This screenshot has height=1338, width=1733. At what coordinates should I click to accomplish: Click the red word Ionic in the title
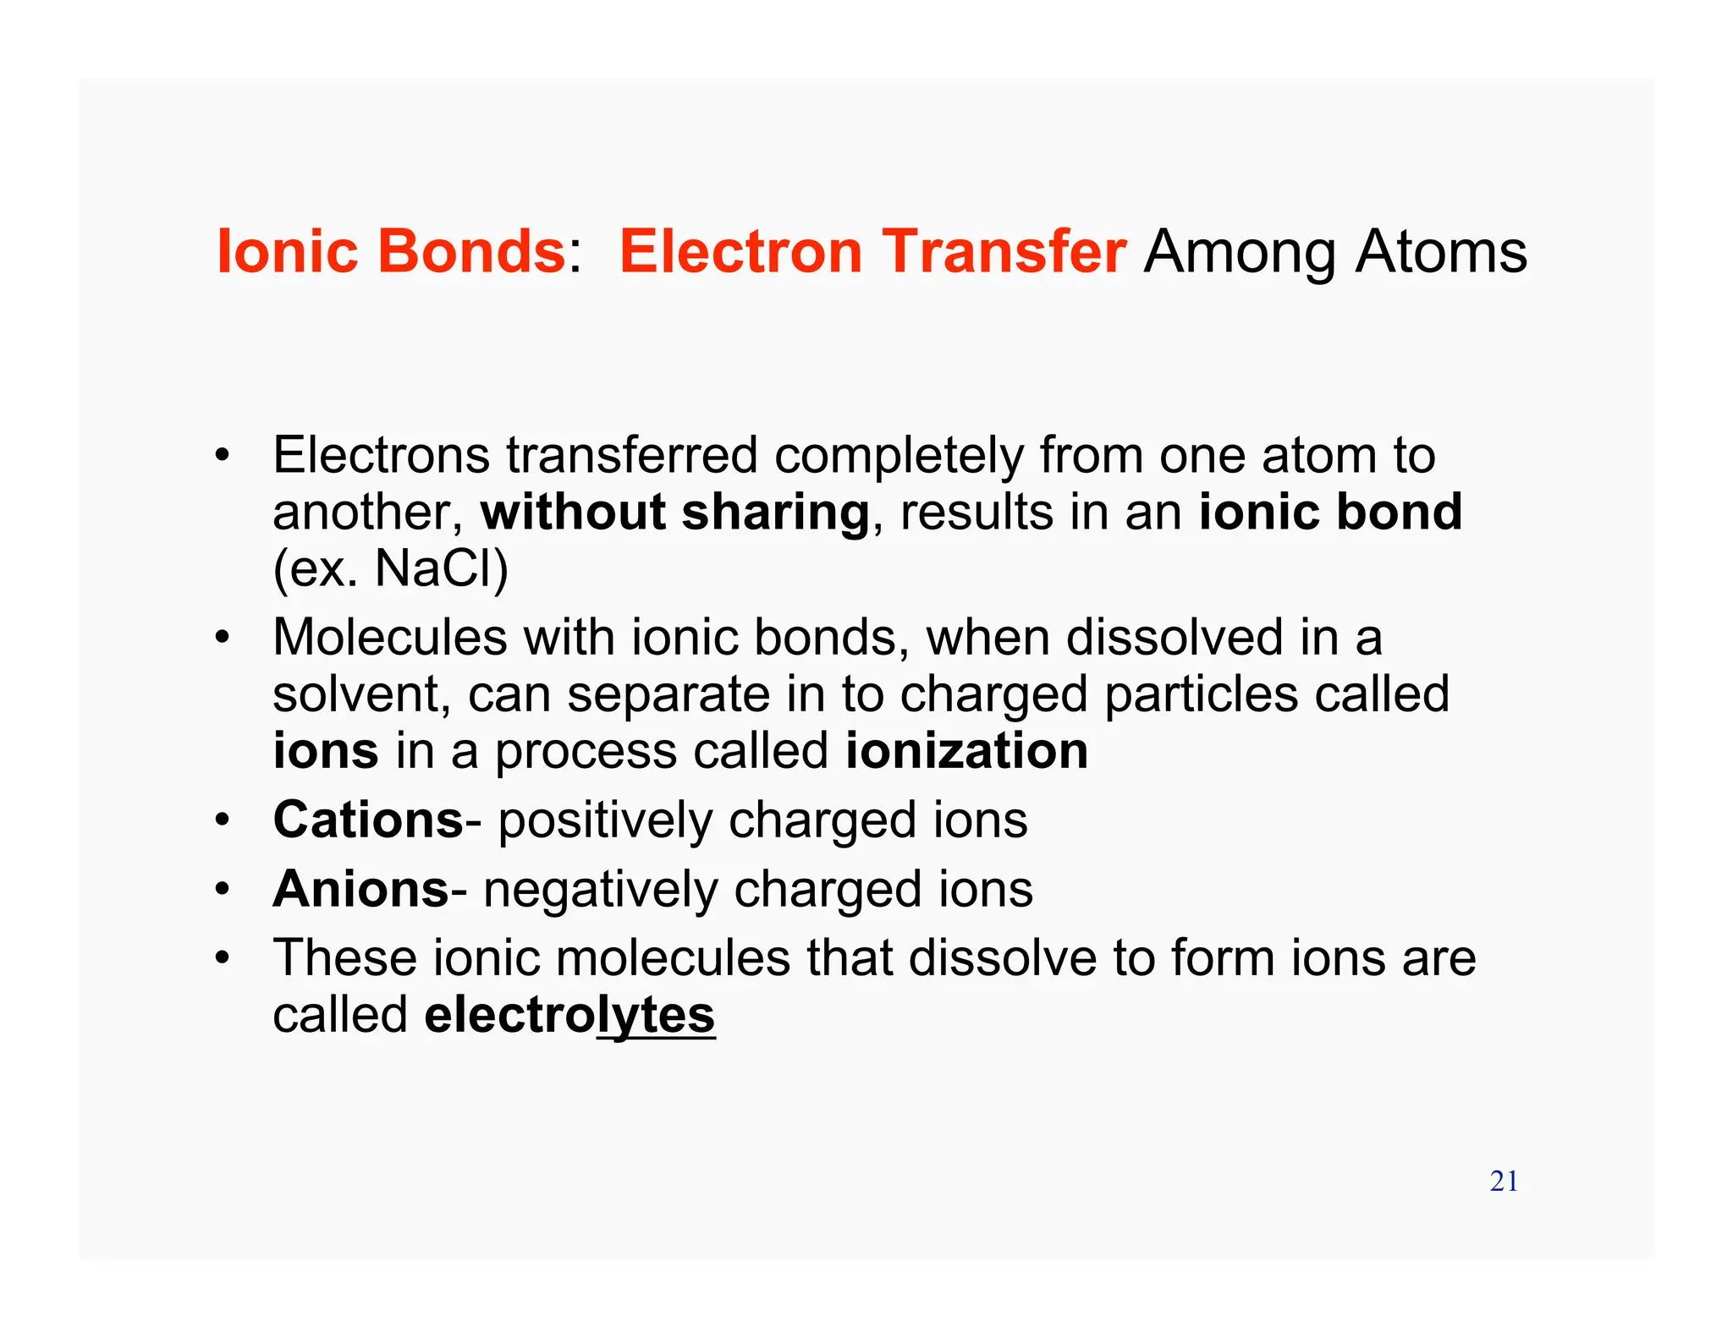click(288, 251)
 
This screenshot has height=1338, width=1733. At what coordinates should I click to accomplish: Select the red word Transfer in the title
click(1004, 251)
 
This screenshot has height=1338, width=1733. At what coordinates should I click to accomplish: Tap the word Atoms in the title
click(1441, 251)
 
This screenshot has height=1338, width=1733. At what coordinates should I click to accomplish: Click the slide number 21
click(1504, 1181)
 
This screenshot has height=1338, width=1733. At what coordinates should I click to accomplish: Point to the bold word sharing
click(775, 513)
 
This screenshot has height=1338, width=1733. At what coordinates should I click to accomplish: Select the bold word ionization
click(966, 750)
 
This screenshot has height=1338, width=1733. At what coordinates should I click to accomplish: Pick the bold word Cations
click(368, 820)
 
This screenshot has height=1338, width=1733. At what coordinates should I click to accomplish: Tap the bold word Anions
click(360, 889)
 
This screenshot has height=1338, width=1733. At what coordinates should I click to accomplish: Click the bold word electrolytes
click(569, 1014)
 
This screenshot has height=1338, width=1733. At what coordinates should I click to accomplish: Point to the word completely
click(899, 456)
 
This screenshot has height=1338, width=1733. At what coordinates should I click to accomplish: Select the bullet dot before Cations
click(222, 820)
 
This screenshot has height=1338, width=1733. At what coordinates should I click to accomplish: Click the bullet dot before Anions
click(222, 889)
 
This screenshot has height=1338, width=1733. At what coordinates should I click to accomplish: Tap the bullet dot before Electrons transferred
click(222, 456)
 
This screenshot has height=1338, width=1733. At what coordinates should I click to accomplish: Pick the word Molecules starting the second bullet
click(389, 637)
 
